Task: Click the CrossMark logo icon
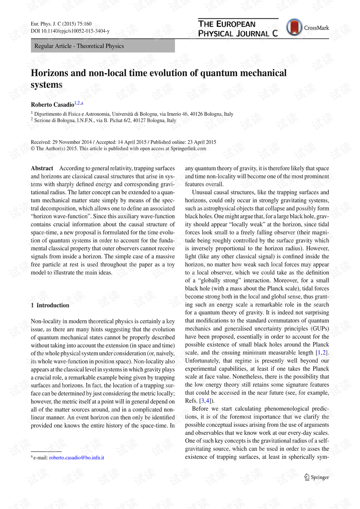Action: click(294, 27)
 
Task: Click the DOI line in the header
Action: click(70, 31)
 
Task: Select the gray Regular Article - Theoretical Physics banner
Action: click(102, 46)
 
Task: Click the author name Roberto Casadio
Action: click(52, 105)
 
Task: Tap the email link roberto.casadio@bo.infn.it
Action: click(76, 458)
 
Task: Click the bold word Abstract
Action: click(42, 168)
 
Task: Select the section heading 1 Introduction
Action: click(50, 305)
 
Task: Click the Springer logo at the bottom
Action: click(316, 477)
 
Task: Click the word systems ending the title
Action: click(46, 85)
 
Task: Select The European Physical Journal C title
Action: click(238, 29)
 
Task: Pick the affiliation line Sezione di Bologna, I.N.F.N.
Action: click(105, 120)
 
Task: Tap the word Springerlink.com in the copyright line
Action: click(188, 149)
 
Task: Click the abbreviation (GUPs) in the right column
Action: click(320, 329)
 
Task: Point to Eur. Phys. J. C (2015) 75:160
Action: click(61, 24)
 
